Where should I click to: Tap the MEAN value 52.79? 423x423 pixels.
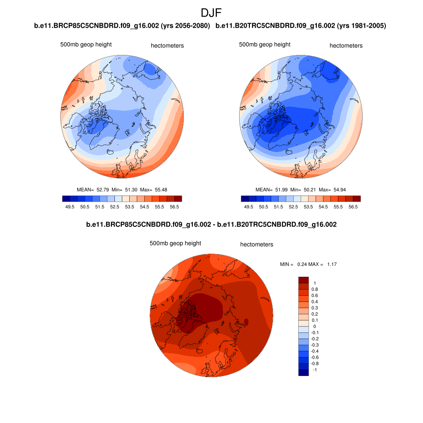coord(102,190)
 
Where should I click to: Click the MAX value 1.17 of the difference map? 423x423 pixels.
coord(332,264)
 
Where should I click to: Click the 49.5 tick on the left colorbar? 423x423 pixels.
coord(69,207)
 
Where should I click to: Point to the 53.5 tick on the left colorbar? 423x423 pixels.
coord(129,207)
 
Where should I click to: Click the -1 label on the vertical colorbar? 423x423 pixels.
coord(314,370)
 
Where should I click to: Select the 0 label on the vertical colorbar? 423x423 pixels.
coord(314,326)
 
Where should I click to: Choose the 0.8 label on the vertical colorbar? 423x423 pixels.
coord(314,289)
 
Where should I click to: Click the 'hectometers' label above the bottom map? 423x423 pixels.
coord(257,245)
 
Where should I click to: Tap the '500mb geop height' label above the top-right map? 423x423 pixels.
coord(265,45)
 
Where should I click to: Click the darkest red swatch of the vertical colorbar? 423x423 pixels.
coord(304,280)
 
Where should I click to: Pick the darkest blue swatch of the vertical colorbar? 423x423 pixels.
coord(304,373)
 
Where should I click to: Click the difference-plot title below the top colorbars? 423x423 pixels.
coord(211,225)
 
